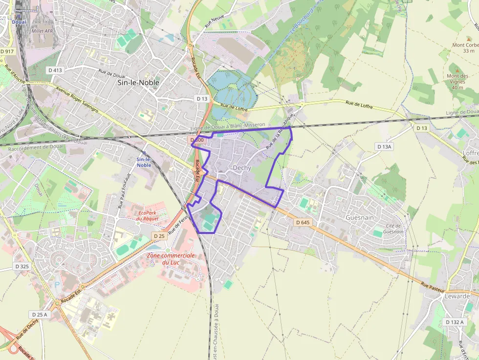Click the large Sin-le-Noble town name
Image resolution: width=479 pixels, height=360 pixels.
click(138, 83)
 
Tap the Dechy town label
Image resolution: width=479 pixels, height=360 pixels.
click(242, 168)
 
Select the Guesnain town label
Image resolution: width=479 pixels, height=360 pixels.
click(360, 217)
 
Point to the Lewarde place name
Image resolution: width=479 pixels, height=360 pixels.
click(457, 296)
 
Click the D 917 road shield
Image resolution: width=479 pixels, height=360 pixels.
click(7, 51)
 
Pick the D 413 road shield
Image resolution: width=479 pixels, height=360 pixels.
click(56, 70)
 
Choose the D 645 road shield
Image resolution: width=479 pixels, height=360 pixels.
click(303, 222)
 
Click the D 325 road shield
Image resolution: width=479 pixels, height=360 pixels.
click(22, 266)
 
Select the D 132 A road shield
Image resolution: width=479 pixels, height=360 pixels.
click(455, 322)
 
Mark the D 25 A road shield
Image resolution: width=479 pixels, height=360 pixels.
click(40, 314)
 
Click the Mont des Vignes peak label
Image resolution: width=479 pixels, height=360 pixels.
click(457, 82)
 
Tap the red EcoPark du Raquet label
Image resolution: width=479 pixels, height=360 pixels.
click(149, 215)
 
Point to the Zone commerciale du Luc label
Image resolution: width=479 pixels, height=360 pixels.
click(171, 259)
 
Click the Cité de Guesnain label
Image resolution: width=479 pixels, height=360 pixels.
click(393, 229)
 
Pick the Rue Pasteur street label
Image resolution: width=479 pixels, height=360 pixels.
click(432, 286)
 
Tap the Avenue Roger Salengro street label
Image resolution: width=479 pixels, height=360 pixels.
click(77, 100)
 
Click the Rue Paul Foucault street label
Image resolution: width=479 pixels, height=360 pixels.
click(123, 190)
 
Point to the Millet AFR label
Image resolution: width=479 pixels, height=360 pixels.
click(42, 31)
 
